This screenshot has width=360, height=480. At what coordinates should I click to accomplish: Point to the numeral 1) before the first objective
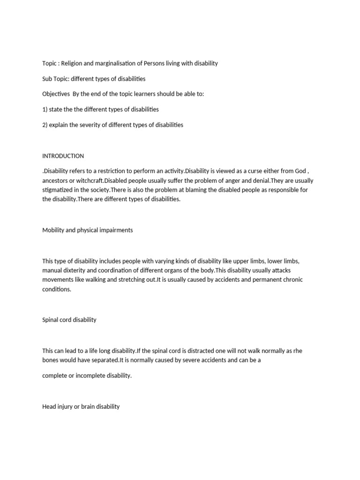coord(45,110)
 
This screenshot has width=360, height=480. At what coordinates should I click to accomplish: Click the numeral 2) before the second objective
coord(45,125)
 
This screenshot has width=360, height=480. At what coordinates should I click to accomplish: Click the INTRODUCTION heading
coord(63,156)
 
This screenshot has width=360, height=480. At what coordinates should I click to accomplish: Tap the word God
coord(298,172)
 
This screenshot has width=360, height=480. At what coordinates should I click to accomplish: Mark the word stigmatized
coord(60,190)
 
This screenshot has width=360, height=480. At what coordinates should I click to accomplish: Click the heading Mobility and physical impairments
coord(87,230)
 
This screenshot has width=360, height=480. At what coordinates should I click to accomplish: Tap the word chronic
coord(292,280)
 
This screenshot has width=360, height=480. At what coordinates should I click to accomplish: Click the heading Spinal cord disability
coord(69,320)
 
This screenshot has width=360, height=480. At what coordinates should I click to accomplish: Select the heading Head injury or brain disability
coord(81,407)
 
